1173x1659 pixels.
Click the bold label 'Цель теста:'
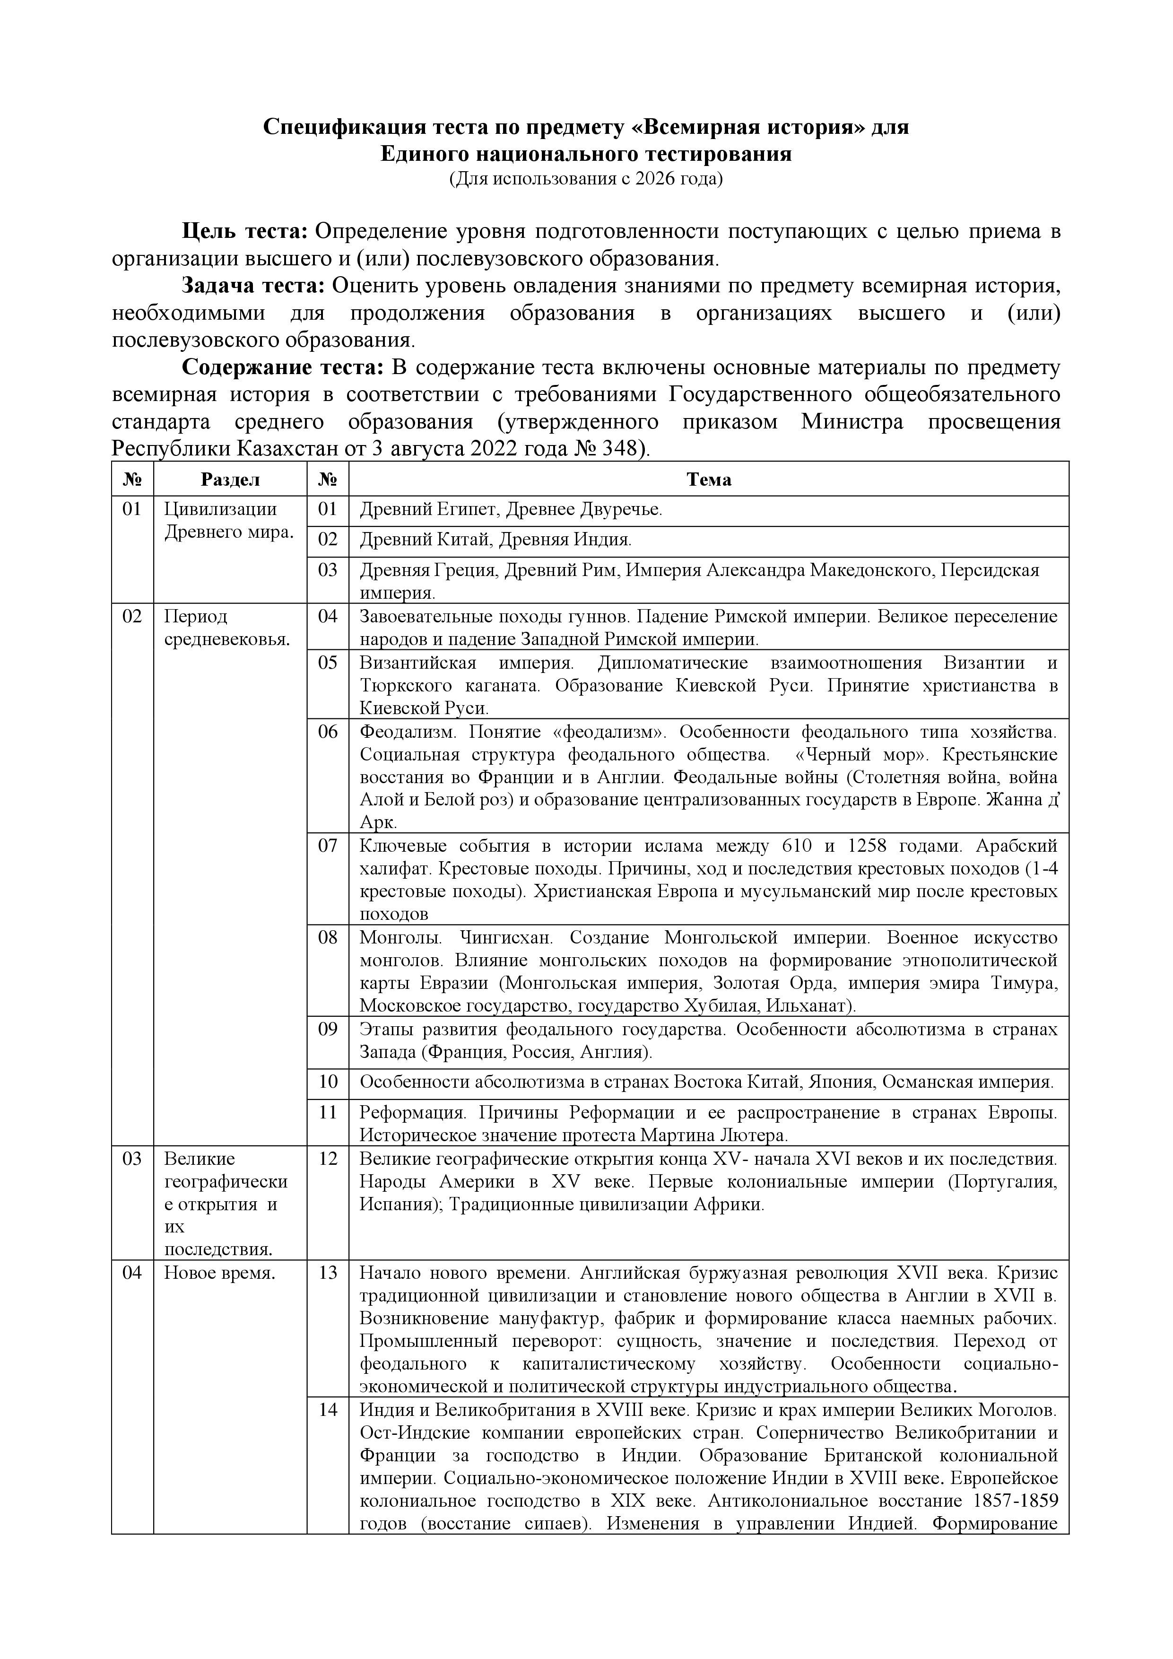(245, 231)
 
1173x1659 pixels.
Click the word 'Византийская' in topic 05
(418, 663)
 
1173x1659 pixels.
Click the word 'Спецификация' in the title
(342, 127)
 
